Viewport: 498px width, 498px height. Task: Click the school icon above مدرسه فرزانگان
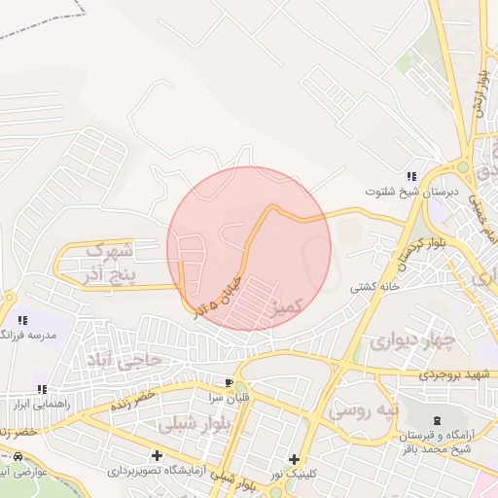pos(22,319)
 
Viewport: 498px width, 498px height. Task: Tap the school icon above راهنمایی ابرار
pos(42,388)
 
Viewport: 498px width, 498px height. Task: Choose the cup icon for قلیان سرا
pos(230,383)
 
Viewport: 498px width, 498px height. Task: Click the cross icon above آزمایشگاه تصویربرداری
pos(157,455)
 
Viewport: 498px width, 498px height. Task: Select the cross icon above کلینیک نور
pos(294,459)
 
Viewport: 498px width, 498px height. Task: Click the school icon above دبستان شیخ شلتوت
pos(411,176)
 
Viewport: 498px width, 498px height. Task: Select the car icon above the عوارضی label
pos(18,456)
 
